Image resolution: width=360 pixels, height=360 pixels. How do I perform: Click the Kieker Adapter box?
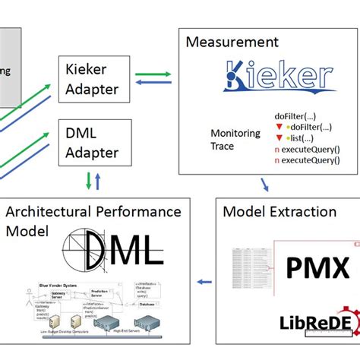[91, 78]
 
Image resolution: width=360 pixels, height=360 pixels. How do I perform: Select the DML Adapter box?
[91, 143]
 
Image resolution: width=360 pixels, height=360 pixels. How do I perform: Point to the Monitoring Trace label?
[235, 139]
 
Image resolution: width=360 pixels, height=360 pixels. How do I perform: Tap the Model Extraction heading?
[279, 212]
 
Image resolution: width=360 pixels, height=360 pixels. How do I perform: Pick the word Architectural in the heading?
[52, 212]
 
